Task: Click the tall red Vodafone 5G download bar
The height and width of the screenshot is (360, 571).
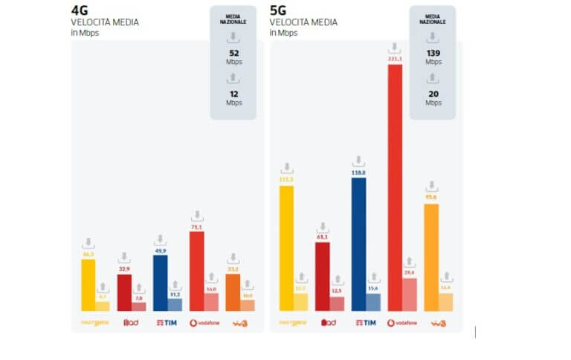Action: pyautogui.click(x=395, y=186)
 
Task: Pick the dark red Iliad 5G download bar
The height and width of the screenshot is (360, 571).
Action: pyautogui.click(x=322, y=276)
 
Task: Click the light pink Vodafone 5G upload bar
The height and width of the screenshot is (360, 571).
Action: pyautogui.click(x=410, y=295)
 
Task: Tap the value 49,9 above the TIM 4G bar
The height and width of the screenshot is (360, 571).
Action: pyautogui.click(x=161, y=251)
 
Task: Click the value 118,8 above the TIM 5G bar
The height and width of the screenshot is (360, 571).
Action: pyautogui.click(x=358, y=172)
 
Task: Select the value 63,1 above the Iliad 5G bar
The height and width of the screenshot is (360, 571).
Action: pyautogui.click(x=322, y=237)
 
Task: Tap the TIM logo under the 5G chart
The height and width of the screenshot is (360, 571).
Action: pyautogui.click(x=366, y=323)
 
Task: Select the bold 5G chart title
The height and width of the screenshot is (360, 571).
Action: pyautogui.click(x=279, y=10)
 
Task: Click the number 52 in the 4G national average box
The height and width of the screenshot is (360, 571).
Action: pyautogui.click(x=233, y=53)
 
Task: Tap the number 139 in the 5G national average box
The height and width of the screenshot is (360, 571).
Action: pyautogui.click(x=433, y=53)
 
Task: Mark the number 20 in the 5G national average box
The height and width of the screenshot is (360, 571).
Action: pyautogui.click(x=433, y=94)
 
